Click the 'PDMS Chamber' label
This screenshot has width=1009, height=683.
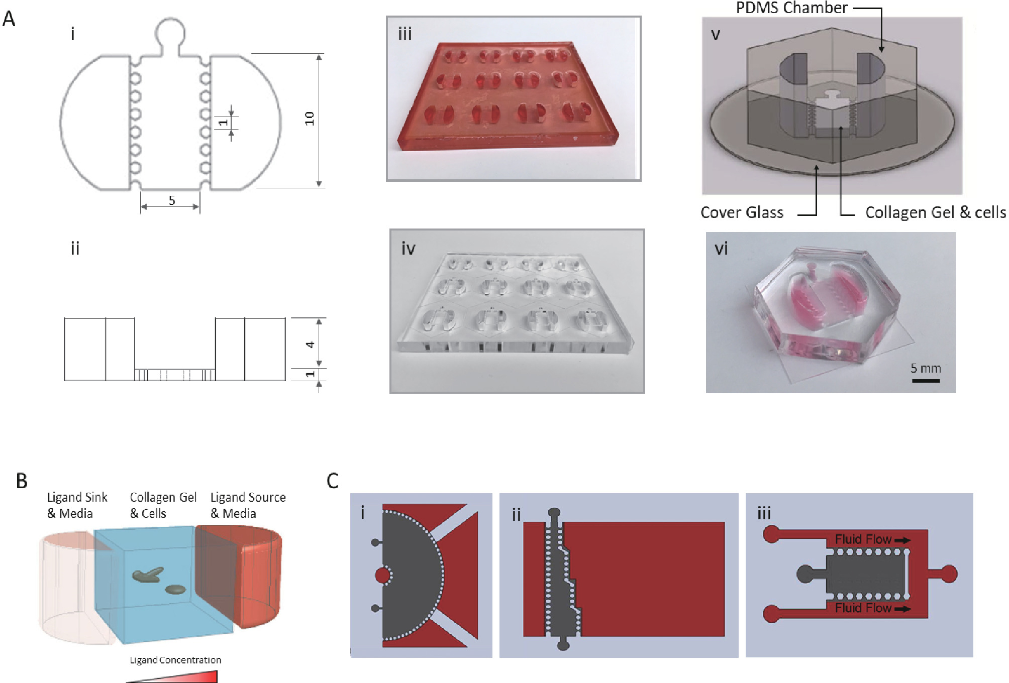tap(791, 8)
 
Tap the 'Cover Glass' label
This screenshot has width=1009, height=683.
tap(742, 212)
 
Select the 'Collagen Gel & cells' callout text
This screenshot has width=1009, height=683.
tap(935, 212)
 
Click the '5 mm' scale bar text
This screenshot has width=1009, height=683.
tap(926, 368)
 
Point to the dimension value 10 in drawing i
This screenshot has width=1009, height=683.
tap(309, 119)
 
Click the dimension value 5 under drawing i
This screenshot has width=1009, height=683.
tap(172, 201)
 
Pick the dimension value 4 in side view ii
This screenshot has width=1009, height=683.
tap(311, 345)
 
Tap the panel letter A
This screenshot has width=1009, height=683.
tap(9, 19)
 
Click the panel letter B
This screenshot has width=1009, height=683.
tap(22, 481)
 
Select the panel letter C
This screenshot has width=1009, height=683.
tap(332, 481)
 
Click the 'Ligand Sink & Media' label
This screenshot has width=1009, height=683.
tap(77, 505)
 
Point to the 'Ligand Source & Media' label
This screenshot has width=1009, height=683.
tap(248, 505)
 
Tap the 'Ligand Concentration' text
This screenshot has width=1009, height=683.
tap(175, 660)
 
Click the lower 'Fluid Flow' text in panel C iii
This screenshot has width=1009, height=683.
tap(863, 608)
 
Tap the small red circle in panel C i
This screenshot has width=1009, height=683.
tap(383, 575)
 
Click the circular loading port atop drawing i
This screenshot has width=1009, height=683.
tap(170, 31)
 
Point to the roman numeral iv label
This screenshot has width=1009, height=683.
tap(408, 249)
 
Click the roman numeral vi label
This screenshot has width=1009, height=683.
tap(721, 249)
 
